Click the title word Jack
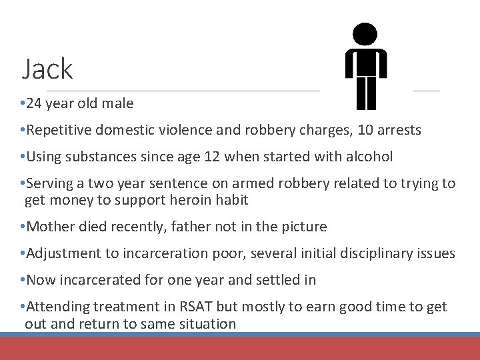tap(47, 69)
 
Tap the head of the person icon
tap(365, 34)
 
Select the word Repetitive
tap(56, 130)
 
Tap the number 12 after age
tap(213, 157)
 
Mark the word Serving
tap(48, 183)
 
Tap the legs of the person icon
tap(366, 93)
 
